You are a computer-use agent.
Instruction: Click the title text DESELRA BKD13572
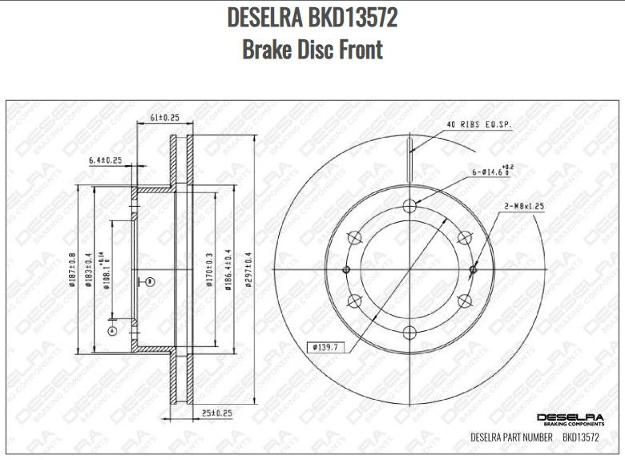click(x=312, y=17)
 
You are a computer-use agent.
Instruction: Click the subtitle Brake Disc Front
click(x=312, y=49)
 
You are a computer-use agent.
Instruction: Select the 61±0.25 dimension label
click(x=165, y=118)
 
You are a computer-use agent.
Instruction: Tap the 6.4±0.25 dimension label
click(x=105, y=160)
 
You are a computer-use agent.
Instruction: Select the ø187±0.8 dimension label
click(x=71, y=270)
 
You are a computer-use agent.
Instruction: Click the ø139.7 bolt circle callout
click(x=325, y=346)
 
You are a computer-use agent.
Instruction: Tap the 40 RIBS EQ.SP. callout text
click(x=478, y=125)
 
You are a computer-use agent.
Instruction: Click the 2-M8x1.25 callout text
click(x=524, y=206)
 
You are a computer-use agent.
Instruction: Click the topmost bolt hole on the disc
click(x=410, y=206)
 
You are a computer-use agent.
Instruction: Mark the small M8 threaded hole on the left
click(x=347, y=269)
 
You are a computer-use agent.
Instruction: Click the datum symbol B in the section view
click(x=149, y=280)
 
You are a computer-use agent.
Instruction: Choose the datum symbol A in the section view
click(x=112, y=330)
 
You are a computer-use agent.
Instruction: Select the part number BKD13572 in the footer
click(x=581, y=438)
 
